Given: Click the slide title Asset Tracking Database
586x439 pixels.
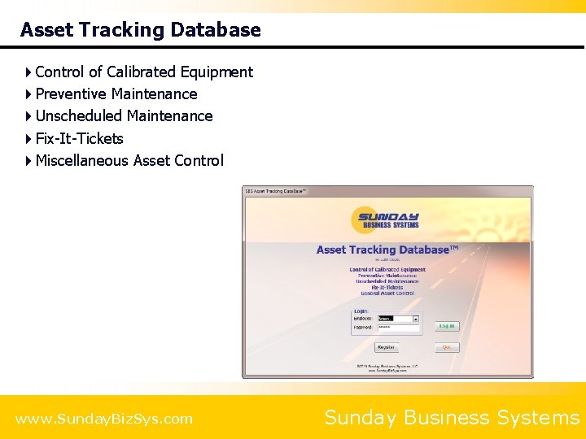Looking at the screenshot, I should (140, 30).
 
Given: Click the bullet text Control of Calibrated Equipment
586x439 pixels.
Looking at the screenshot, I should (144, 72).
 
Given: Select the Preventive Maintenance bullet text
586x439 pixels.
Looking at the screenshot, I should (116, 94).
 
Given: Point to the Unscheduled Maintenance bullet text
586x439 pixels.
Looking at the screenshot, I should (124, 116).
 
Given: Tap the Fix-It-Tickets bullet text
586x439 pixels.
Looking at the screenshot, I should (79, 139).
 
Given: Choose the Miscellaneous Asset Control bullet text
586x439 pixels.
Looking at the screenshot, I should (129, 161).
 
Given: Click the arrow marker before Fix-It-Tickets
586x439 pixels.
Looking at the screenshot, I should (28, 139).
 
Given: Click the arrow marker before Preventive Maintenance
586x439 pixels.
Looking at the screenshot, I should (28, 94).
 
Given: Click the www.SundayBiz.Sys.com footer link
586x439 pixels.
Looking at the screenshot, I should (104, 419).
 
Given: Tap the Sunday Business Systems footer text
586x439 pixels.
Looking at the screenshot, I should (452, 418).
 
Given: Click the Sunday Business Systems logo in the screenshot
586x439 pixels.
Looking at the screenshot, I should (387, 220).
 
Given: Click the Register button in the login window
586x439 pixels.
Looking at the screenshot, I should (386, 347).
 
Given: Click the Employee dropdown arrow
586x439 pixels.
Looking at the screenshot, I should (416, 319).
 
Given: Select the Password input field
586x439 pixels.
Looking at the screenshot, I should (398, 328).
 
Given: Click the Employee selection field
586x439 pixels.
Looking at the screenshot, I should (395, 319).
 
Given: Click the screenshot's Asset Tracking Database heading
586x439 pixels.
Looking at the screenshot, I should (387, 250).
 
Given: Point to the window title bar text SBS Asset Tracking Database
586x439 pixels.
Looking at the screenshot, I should (276, 191).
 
